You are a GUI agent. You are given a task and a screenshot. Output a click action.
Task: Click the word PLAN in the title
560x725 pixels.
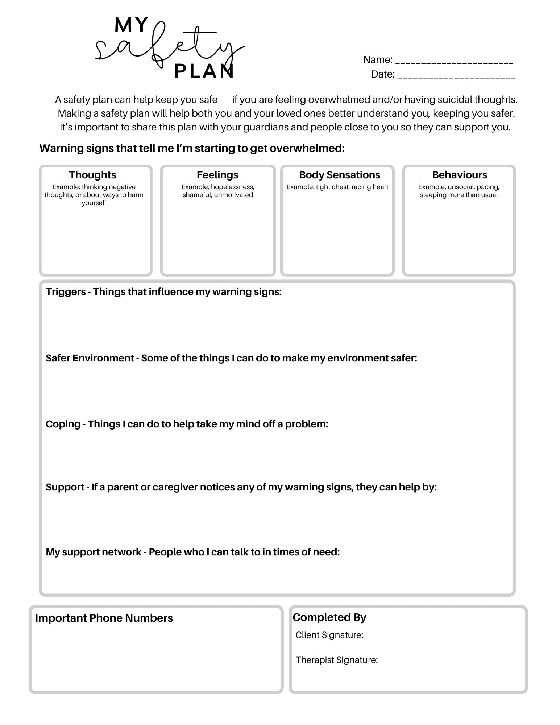[204, 71]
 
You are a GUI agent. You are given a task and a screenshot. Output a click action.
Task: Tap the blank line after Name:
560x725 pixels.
[454, 61]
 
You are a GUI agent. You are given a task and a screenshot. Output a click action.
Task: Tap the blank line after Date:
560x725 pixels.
[456, 75]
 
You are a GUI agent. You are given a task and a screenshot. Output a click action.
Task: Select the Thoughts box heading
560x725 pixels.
[93, 175]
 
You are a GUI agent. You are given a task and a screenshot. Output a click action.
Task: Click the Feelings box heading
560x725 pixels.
[217, 175]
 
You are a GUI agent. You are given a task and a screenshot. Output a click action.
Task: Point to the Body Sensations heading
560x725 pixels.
[339, 175]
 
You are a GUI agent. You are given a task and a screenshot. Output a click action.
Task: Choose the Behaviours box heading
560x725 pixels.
[459, 175]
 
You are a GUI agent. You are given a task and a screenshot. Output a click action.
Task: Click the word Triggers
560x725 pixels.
[66, 292]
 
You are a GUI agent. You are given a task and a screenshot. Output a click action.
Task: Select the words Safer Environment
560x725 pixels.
[90, 358]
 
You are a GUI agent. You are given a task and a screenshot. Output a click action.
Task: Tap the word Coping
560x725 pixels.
[63, 424]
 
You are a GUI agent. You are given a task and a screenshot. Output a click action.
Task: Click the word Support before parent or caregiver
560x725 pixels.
[65, 487]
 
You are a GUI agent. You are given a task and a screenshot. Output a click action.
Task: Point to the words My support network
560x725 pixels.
[94, 552]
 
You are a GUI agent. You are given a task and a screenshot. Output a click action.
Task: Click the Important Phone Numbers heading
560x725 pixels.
[104, 618]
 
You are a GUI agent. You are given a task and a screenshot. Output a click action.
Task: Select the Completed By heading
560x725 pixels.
[329, 617]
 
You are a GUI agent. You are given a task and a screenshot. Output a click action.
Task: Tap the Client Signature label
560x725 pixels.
[329, 635]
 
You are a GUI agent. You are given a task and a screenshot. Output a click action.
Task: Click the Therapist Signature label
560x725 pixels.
[336, 660]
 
